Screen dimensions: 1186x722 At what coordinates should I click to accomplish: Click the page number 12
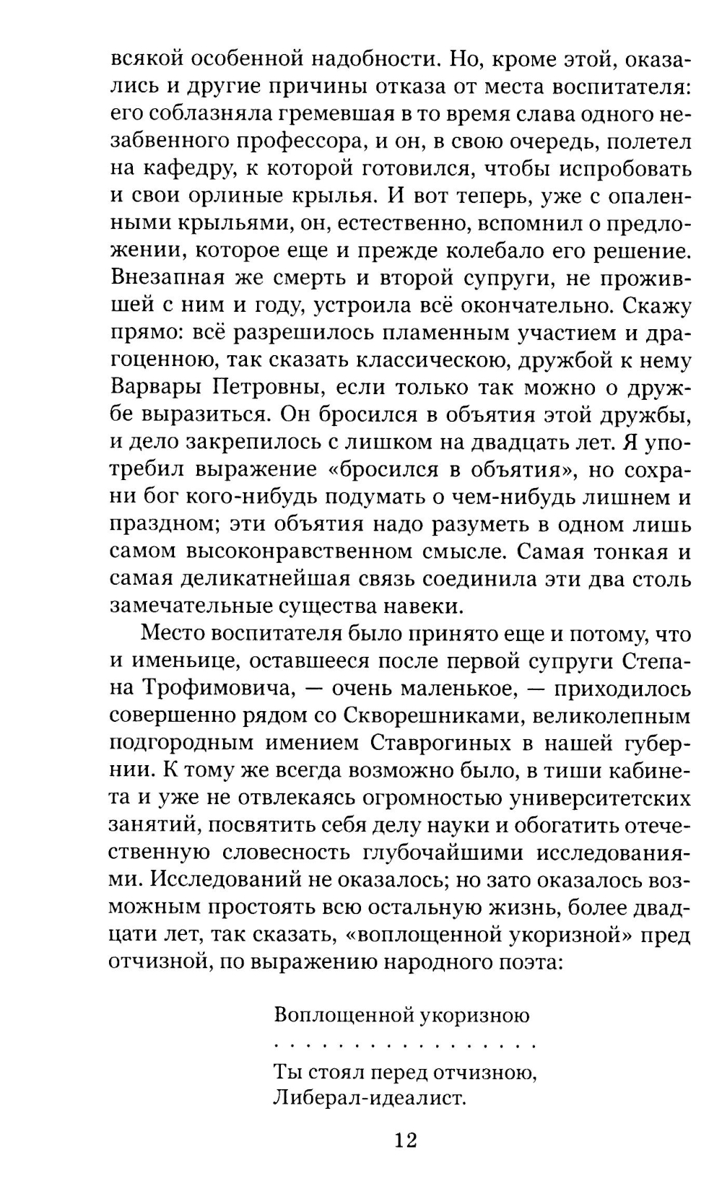coord(406,1141)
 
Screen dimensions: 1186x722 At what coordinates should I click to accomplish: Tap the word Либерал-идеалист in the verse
coord(367,1098)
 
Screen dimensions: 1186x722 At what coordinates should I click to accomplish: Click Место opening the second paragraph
coord(175,635)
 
